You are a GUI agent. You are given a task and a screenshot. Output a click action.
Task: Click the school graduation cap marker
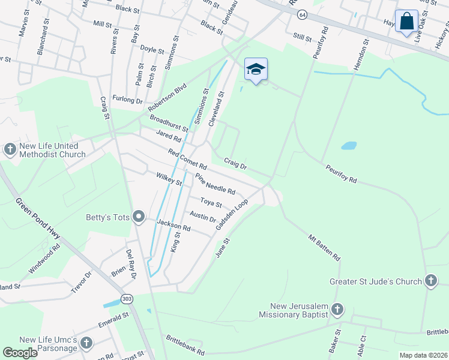(256, 70)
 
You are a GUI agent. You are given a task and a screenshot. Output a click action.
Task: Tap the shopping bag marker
(406, 21)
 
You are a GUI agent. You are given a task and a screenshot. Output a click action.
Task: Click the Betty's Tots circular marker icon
(139, 216)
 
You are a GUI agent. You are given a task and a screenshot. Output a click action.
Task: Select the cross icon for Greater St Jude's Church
(430, 280)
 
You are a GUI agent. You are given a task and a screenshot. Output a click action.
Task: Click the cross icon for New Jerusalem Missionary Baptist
(337, 310)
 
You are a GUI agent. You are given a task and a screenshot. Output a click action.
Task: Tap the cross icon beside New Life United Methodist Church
(10, 149)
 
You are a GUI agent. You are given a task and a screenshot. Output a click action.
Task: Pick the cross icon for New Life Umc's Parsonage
(86, 343)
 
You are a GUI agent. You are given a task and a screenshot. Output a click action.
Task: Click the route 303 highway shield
(126, 298)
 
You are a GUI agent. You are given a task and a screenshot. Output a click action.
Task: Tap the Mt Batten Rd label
(325, 247)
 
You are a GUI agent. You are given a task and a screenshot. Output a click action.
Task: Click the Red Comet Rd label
(187, 159)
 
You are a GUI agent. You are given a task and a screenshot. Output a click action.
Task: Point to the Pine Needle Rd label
(215, 184)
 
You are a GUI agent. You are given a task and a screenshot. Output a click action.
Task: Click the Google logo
(20, 353)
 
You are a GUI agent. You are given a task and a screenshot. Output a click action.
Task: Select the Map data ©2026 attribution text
(423, 355)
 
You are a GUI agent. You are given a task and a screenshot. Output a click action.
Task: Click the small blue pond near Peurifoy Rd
(349, 146)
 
